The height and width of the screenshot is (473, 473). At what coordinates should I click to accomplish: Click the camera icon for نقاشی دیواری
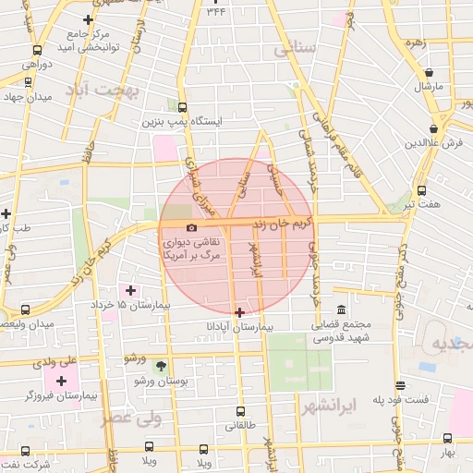(x=191, y=227)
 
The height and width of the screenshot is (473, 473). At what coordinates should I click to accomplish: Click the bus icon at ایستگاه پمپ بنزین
(x=182, y=107)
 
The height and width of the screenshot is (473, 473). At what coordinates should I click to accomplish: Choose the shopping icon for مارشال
(x=430, y=73)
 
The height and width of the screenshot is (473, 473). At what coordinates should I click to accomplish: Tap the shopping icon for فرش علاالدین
(x=434, y=128)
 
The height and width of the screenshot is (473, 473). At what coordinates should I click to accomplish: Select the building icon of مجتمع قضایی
(x=342, y=309)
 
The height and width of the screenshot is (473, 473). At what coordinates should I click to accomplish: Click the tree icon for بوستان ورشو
(x=162, y=366)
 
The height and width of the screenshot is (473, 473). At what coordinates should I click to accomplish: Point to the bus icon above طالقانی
(x=240, y=411)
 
